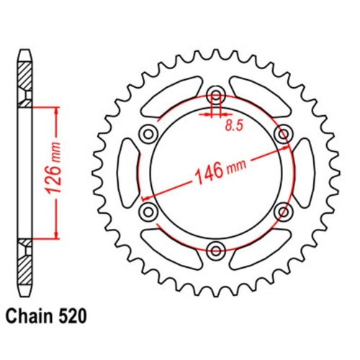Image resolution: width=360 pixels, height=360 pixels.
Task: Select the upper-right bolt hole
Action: (284, 135)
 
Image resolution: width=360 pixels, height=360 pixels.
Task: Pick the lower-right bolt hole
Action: (284, 211)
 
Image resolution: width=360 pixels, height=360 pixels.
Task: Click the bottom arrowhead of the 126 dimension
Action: (55, 235)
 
